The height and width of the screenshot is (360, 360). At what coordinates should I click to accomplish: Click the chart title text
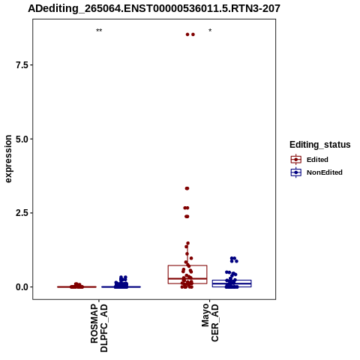pos(154,9)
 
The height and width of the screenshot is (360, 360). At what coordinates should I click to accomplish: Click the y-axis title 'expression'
pos(8,159)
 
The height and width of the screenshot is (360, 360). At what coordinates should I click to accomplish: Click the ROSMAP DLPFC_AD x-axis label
pos(99,328)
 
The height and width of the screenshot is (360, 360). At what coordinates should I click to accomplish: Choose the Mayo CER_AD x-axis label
pos(210,322)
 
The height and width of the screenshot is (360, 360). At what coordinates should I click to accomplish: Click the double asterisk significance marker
pos(99,31)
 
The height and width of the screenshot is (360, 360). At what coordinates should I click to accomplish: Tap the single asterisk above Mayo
pos(210,31)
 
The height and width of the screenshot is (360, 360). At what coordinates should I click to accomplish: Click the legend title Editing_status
pos(320,145)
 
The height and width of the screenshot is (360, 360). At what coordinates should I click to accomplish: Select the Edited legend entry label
pos(317,160)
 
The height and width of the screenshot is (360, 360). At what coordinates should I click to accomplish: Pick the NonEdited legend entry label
pos(325,172)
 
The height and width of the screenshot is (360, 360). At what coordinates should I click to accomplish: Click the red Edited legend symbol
pos(296,160)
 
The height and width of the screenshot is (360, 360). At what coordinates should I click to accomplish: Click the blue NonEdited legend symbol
pos(296,172)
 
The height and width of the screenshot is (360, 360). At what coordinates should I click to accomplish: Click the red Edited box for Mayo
pos(187,265)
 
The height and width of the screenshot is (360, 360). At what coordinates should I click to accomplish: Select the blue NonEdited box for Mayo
pos(232,280)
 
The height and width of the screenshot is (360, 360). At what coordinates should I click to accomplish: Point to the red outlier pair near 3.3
pos(187,188)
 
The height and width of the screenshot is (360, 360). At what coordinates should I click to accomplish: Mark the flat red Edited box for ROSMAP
pos(76,286)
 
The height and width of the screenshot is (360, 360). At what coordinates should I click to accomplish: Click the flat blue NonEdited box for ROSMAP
pos(121,286)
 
